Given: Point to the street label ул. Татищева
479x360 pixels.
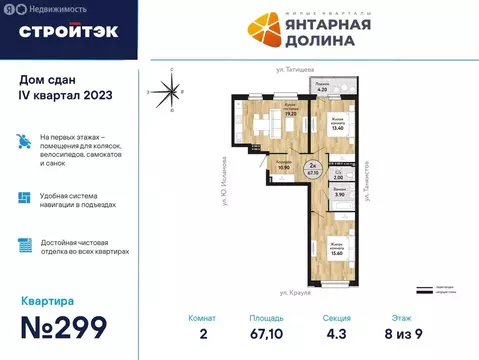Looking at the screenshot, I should point(298,69).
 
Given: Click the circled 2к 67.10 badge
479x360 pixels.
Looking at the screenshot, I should point(313,169).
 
